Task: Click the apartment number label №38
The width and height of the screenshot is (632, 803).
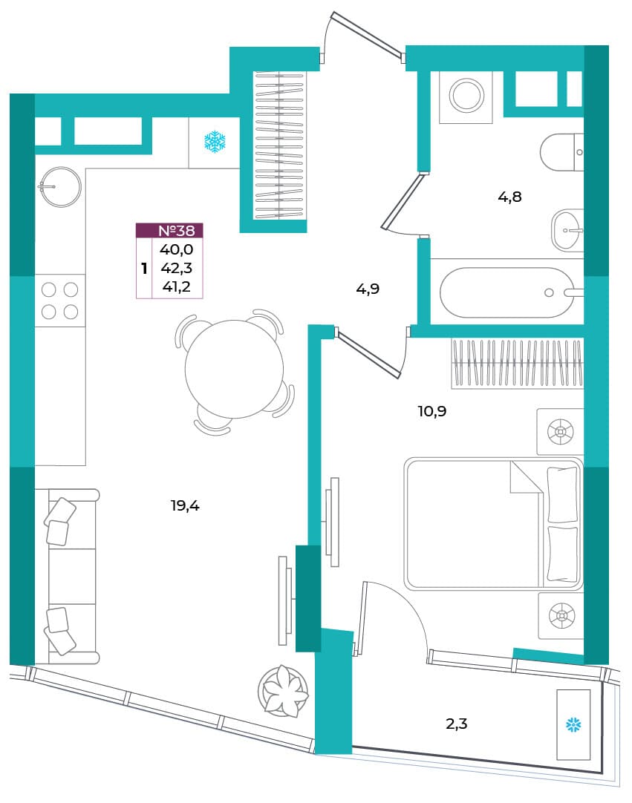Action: click(x=176, y=231)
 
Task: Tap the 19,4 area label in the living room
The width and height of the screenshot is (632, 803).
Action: click(x=185, y=506)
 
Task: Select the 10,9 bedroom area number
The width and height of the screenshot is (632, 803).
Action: click(x=432, y=411)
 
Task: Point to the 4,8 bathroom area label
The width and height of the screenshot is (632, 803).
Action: click(x=509, y=197)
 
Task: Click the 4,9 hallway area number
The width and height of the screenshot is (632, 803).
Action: click(x=368, y=289)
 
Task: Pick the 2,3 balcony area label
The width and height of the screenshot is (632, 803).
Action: click(x=456, y=724)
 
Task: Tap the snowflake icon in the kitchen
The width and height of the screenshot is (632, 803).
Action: click(x=215, y=141)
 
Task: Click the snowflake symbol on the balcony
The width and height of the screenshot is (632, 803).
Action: click(x=573, y=725)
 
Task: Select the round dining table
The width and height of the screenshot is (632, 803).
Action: click(x=234, y=370)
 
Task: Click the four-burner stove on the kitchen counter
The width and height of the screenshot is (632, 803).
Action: click(x=60, y=301)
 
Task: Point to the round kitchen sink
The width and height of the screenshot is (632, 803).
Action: click(x=60, y=187)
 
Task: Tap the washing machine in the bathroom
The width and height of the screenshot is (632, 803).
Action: click(x=466, y=96)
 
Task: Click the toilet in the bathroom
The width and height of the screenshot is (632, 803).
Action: click(x=562, y=153)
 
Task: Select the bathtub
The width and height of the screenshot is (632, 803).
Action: click(x=507, y=292)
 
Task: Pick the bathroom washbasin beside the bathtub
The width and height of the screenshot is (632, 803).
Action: click(x=567, y=230)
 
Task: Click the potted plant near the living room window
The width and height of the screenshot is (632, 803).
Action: click(x=284, y=691)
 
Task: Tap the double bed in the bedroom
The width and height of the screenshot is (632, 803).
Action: click(x=494, y=524)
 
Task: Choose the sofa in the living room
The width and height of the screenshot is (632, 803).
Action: click(x=67, y=577)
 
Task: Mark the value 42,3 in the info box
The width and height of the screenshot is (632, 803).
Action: click(x=176, y=268)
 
